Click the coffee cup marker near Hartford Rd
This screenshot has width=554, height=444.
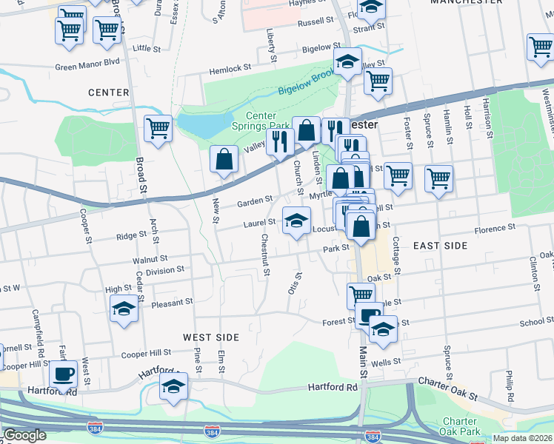coord(64,374)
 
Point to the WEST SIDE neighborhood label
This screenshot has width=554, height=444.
coord(211,337)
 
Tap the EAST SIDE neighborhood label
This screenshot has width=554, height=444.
coord(440,245)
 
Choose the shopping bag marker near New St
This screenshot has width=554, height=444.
coord(224,160)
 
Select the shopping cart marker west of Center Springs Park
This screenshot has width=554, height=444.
coord(158,129)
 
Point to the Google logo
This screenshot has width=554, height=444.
coord(24,435)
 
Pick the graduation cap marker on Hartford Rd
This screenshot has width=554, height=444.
coord(174,387)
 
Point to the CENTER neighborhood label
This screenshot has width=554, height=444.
coord(108,92)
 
